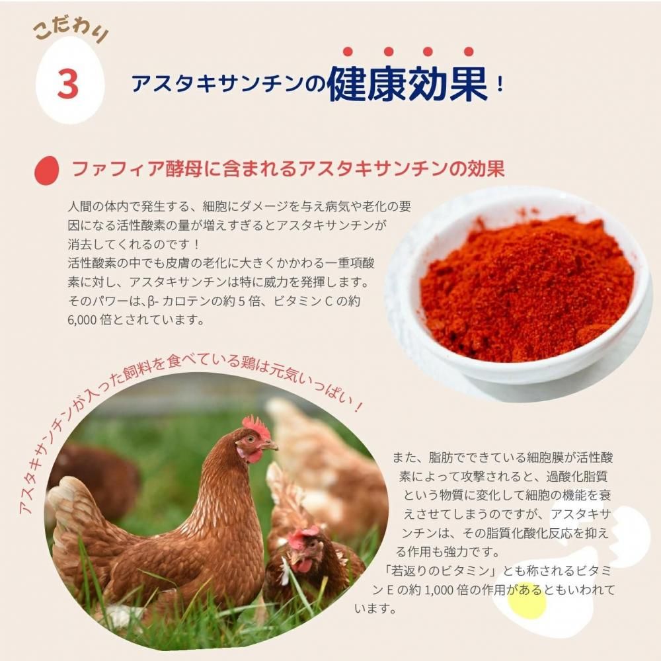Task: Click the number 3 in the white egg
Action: (68, 83)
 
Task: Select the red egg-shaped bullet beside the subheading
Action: (46, 169)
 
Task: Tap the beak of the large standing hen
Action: (271, 446)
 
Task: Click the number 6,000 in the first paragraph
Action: (83, 320)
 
